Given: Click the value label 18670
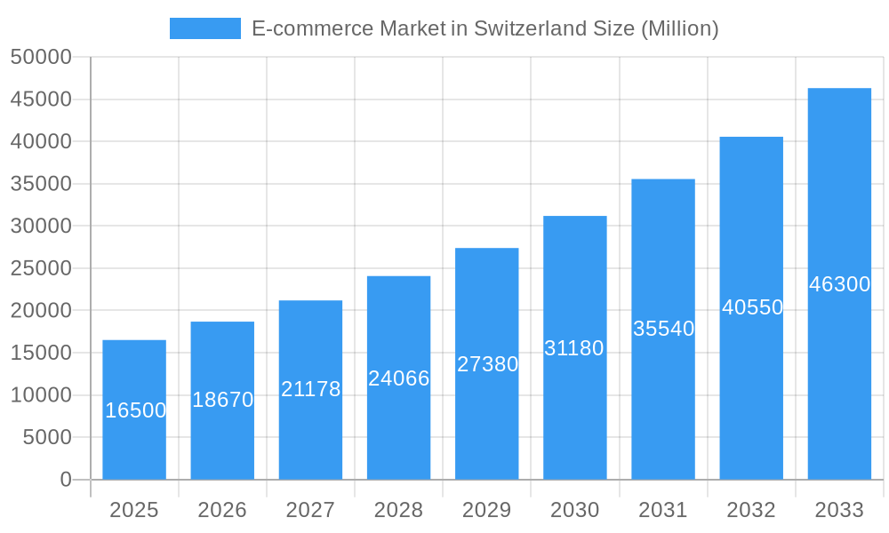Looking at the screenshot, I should [x=222, y=400].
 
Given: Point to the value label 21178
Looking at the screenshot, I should [x=310, y=389].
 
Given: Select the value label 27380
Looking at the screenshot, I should [x=487, y=364].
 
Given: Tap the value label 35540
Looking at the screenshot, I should [x=663, y=329].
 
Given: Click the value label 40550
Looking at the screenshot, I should [x=752, y=307].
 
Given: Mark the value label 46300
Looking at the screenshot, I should [x=839, y=284].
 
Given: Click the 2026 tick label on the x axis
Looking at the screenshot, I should [x=222, y=510].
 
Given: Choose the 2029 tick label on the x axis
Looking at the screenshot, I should [x=487, y=510].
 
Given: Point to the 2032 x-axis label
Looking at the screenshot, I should [x=751, y=510].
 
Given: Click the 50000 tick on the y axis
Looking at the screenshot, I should [x=41, y=57].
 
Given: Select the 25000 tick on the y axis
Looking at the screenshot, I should [x=41, y=268].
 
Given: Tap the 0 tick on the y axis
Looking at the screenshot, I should [x=66, y=480].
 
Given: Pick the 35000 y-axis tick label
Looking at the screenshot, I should [x=41, y=184].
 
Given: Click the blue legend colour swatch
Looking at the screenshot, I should [x=205, y=28].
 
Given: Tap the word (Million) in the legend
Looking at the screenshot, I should [x=679, y=28].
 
